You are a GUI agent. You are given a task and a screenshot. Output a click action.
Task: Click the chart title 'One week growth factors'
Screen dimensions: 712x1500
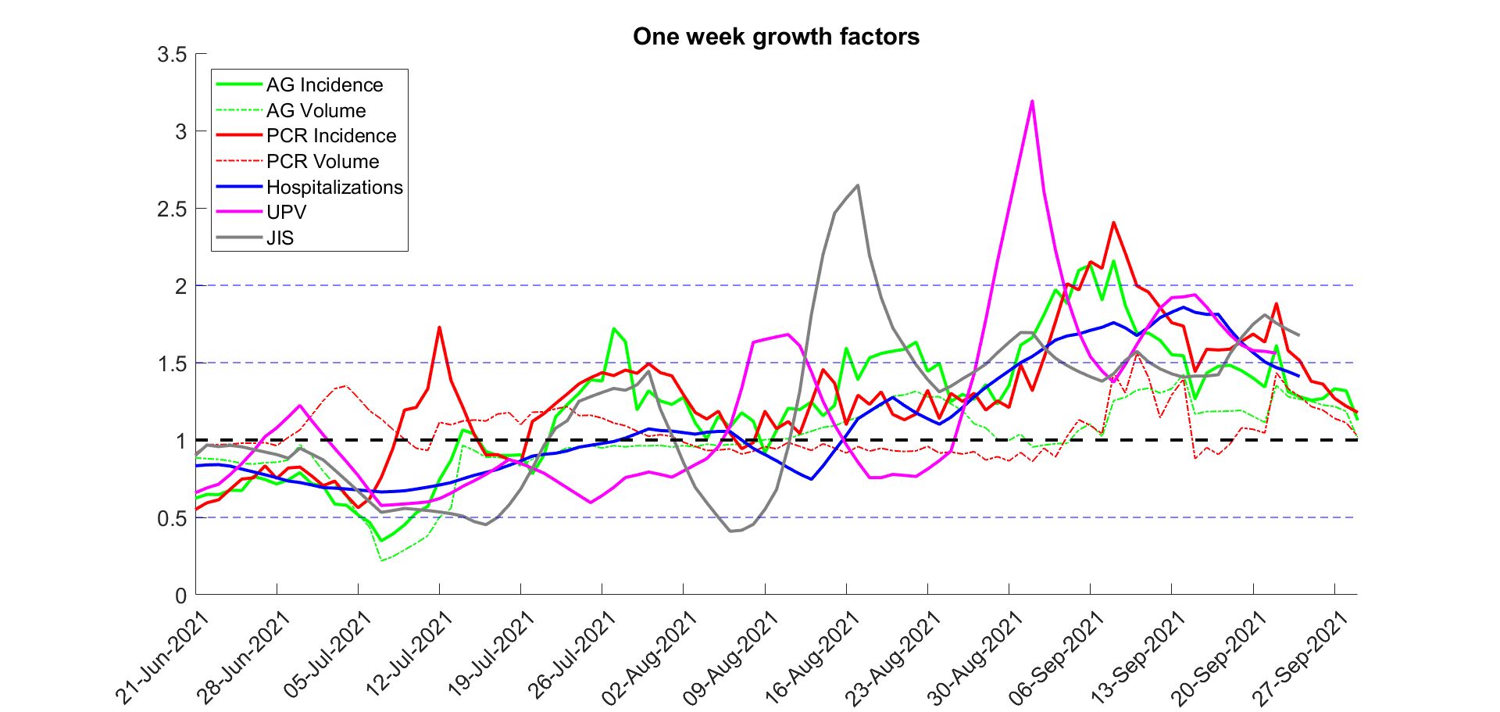776,37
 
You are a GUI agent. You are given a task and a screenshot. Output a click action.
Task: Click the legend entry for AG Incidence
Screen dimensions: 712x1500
324,84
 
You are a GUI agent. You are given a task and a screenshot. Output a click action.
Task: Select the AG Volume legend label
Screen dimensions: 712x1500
316,110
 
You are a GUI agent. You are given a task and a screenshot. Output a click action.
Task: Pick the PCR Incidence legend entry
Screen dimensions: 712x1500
331,136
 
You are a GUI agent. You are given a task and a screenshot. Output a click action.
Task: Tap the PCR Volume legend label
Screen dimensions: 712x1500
323,162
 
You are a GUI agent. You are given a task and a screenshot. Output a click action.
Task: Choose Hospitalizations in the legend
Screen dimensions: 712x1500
334,188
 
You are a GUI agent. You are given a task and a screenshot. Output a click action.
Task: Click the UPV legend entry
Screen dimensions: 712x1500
286,213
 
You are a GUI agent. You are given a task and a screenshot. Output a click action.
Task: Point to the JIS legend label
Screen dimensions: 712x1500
280,238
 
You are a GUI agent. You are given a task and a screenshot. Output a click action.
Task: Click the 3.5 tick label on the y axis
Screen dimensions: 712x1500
172,55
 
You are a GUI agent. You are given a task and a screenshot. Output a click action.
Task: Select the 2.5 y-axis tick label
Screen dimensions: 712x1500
172,209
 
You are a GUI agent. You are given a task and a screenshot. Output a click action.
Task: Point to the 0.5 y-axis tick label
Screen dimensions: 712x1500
172,519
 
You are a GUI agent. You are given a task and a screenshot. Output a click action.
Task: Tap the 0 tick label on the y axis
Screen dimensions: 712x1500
180,596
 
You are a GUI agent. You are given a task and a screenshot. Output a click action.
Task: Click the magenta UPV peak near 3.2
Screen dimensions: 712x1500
1032,101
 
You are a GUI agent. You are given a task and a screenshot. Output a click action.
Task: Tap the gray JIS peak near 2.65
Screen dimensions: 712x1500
858,185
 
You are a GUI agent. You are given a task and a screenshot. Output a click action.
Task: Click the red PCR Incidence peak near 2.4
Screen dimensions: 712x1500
1113,223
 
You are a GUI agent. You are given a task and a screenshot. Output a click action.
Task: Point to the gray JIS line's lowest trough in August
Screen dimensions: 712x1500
731,531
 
